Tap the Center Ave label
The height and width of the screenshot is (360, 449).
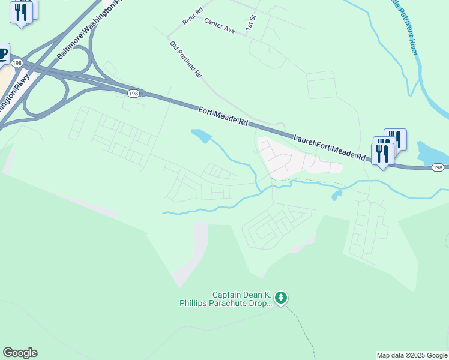[x=219, y=25]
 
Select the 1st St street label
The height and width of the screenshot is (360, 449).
[x=250, y=23]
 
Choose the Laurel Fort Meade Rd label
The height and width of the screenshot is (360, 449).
[x=330, y=147]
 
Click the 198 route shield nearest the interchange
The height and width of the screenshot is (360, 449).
[x=133, y=93]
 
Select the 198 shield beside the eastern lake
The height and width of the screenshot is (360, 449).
[x=437, y=168]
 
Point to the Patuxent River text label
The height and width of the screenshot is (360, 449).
[x=405, y=27]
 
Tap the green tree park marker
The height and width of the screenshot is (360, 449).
[x=281, y=298]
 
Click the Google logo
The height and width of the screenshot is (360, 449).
[x=20, y=353]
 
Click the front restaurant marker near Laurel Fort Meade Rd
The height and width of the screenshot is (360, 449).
[x=382, y=154]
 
